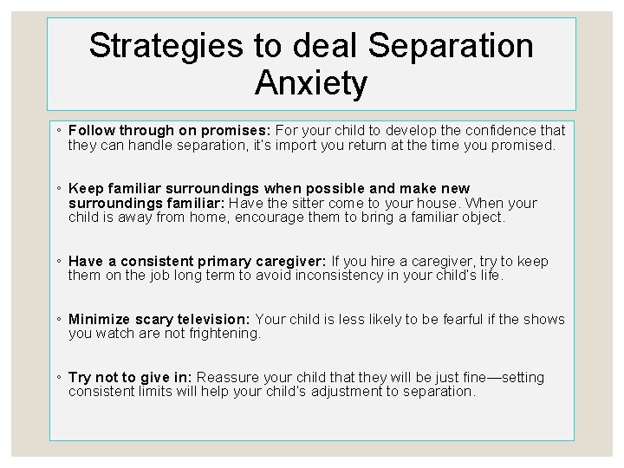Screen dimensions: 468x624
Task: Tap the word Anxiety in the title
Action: tap(312, 83)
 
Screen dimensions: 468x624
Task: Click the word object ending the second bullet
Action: tap(481, 218)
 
